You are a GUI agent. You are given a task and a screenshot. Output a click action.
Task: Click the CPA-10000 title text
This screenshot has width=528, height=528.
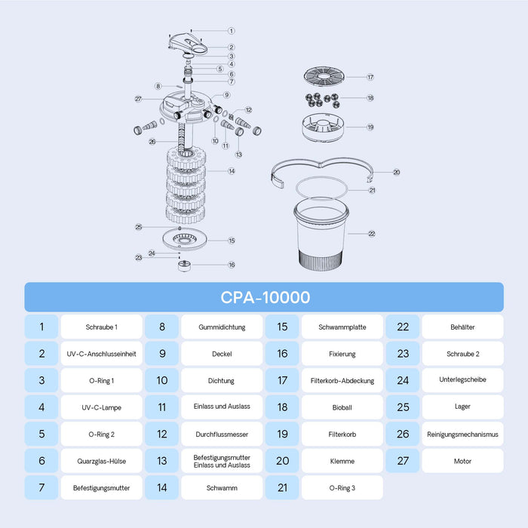pyautogui.click(x=265, y=297)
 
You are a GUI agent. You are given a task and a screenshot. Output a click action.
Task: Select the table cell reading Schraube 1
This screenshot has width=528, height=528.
pyautogui.click(x=101, y=327)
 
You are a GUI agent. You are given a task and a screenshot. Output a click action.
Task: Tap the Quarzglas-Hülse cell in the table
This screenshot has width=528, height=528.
pyautogui.click(x=101, y=461)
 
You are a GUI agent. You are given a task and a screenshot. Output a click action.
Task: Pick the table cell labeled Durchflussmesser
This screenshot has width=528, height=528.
pyautogui.click(x=222, y=434)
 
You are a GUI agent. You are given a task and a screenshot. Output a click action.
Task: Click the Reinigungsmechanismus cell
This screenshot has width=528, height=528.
pyautogui.click(x=462, y=434)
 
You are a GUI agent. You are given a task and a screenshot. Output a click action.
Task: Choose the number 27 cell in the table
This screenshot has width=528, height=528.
pyautogui.click(x=403, y=461)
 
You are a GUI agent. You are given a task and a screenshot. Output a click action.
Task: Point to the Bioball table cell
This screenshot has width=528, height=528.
pyautogui.click(x=342, y=407)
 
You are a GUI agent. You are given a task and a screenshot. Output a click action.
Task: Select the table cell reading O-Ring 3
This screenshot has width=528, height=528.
pyautogui.click(x=342, y=487)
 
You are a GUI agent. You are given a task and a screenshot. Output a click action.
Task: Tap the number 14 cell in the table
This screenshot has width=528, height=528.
pyautogui.click(x=162, y=487)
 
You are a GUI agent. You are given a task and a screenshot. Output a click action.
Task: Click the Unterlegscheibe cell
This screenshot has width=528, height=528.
pyautogui.click(x=462, y=380)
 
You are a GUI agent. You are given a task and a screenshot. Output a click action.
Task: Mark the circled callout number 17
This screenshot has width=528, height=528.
pyautogui.click(x=370, y=77)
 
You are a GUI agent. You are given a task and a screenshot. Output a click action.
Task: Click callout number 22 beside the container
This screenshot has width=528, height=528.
pyautogui.click(x=372, y=234)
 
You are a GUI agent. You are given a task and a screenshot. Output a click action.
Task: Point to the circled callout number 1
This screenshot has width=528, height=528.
pyautogui.click(x=232, y=31)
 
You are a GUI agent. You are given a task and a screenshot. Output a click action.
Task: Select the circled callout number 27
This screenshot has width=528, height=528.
pyautogui.click(x=138, y=99)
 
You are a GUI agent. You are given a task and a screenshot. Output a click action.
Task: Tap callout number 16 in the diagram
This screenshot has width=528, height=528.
pyautogui.click(x=232, y=265)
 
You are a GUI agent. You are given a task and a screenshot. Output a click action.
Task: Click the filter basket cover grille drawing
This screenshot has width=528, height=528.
pyautogui.click(x=324, y=76)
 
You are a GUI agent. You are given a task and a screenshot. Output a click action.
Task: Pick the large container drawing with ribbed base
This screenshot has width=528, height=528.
pyautogui.click(x=321, y=235)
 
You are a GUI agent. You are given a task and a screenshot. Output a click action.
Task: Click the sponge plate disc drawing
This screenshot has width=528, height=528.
pyautogui.click(x=185, y=239)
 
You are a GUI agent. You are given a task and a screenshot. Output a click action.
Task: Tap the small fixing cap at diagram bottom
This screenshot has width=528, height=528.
pyautogui.click(x=184, y=266)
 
